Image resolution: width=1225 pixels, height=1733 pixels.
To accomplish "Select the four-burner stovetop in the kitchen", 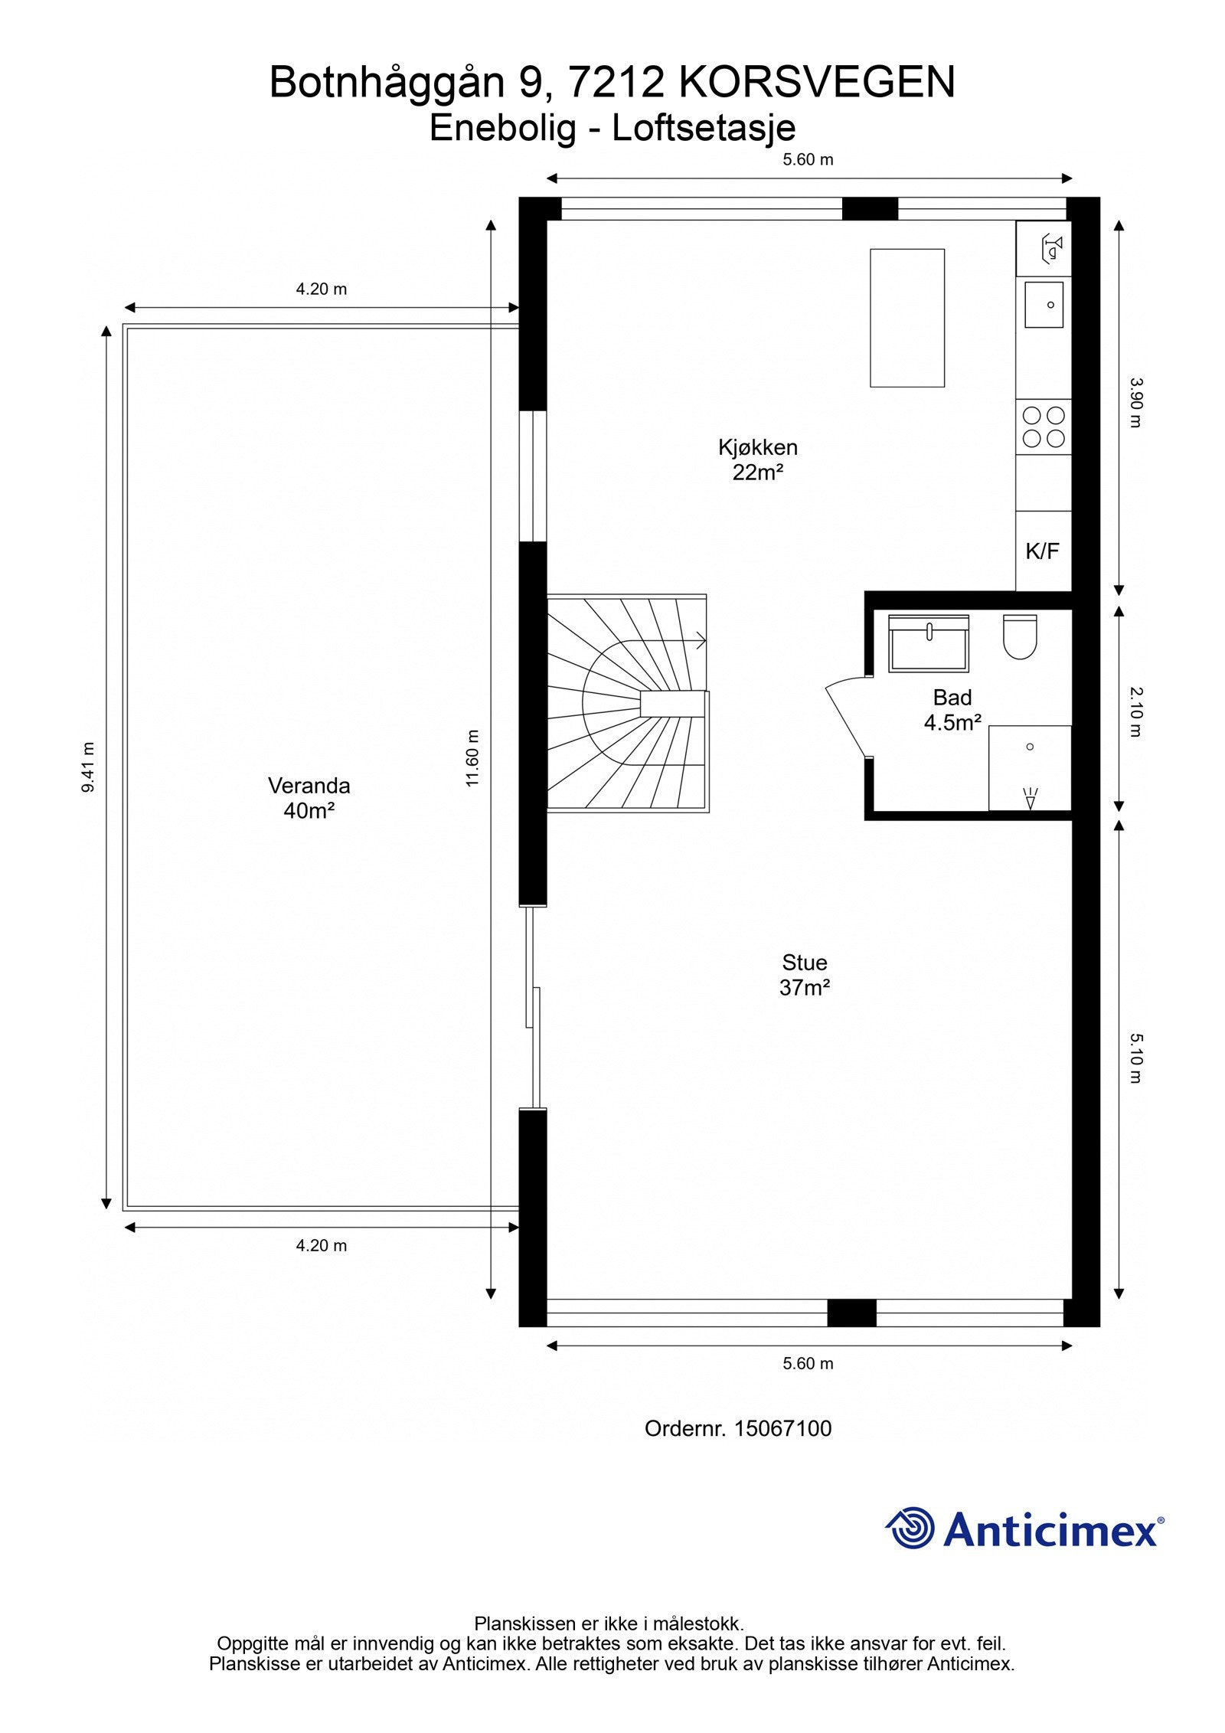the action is click(1044, 427).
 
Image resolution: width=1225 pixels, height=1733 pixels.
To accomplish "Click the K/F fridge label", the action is click(1043, 551).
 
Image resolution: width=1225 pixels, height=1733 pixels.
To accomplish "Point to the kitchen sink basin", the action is click(1044, 304).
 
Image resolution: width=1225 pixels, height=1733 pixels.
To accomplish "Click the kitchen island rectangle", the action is click(907, 318).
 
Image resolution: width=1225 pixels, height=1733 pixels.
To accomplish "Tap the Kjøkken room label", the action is click(758, 447).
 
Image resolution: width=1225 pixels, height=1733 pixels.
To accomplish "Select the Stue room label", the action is click(805, 963).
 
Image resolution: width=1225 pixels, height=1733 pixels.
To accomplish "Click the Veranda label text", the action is click(309, 786).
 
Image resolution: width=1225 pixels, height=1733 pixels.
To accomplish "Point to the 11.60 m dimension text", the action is click(472, 758).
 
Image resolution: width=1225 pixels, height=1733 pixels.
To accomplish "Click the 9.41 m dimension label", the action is click(90, 767).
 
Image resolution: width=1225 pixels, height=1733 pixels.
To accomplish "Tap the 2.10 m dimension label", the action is click(1135, 711).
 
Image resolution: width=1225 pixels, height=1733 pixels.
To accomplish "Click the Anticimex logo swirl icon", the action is click(910, 1527).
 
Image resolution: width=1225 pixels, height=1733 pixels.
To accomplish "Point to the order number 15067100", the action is click(782, 1428).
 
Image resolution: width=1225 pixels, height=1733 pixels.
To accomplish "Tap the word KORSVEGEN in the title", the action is click(818, 83).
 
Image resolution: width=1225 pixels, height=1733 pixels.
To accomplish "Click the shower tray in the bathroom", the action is click(1030, 767).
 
